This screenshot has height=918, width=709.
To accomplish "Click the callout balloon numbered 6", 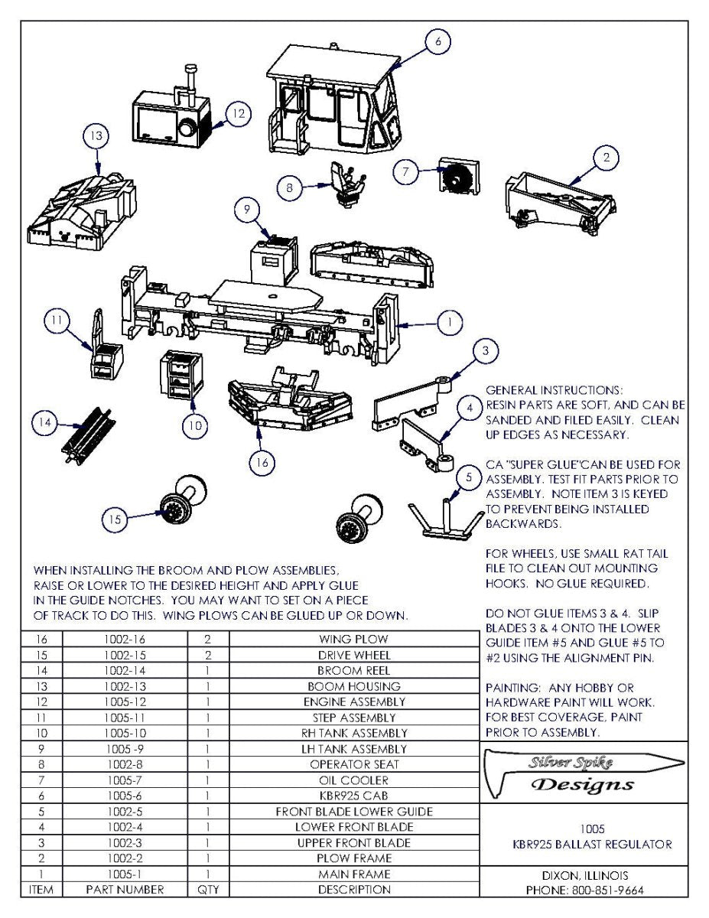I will click(437, 42).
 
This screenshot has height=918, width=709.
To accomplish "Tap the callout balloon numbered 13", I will click(96, 136).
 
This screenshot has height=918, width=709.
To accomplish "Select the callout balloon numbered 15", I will click(115, 519).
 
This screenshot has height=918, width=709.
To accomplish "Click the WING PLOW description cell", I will click(353, 639).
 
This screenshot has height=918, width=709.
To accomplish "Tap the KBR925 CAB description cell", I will click(353, 796).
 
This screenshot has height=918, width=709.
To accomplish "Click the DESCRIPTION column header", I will click(353, 890).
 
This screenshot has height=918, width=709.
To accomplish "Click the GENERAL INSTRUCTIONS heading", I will click(554, 390).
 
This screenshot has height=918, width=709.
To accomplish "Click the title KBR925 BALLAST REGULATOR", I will click(592, 845).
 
